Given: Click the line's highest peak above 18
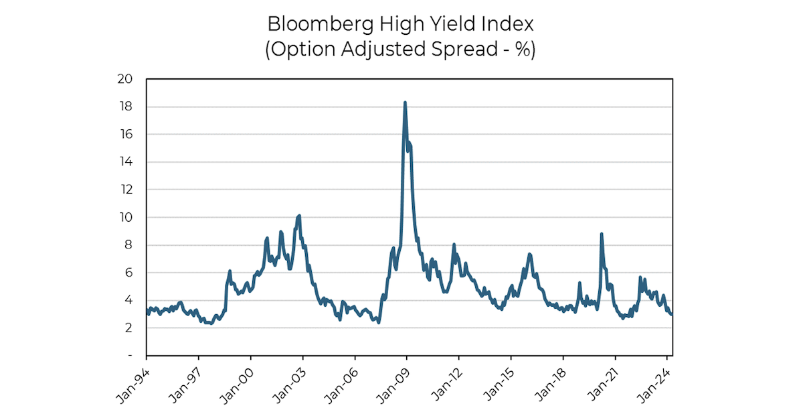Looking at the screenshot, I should click(x=405, y=102).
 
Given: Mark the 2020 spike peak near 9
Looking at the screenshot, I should click(x=602, y=234).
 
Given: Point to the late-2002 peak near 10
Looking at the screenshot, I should click(x=299, y=216).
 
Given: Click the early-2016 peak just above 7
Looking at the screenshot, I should click(x=529, y=254).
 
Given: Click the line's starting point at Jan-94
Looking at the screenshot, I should click(x=147, y=309).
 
